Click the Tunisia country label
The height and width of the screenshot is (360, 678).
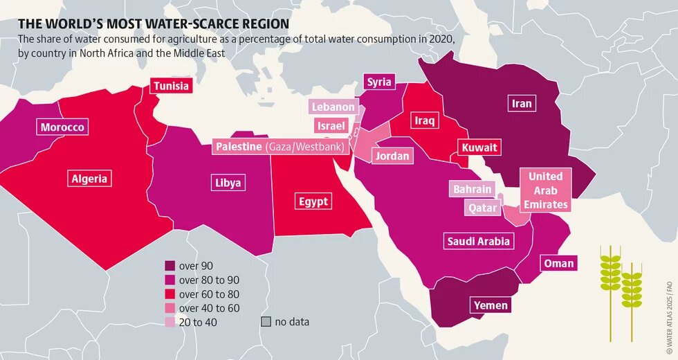(171, 87)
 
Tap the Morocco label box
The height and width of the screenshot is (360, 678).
(62, 127)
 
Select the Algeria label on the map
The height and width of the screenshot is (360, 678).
(89, 179)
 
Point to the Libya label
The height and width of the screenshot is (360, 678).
(228, 183)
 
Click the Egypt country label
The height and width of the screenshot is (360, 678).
(313, 202)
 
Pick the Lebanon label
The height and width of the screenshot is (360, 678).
(333, 107)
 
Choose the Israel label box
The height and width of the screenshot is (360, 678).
(331, 126)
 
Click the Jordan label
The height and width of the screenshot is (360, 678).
(392, 156)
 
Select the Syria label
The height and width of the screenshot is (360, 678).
(379, 82)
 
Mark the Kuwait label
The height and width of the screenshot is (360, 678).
(479, 148)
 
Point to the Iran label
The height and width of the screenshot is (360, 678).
(522, 104)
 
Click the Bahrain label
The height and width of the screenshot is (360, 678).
(473, 190)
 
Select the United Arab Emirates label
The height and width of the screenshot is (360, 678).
(546, 190)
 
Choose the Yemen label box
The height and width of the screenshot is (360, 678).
(491, 305)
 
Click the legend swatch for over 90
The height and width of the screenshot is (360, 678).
(170, 266)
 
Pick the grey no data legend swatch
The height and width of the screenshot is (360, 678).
(266, 322)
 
